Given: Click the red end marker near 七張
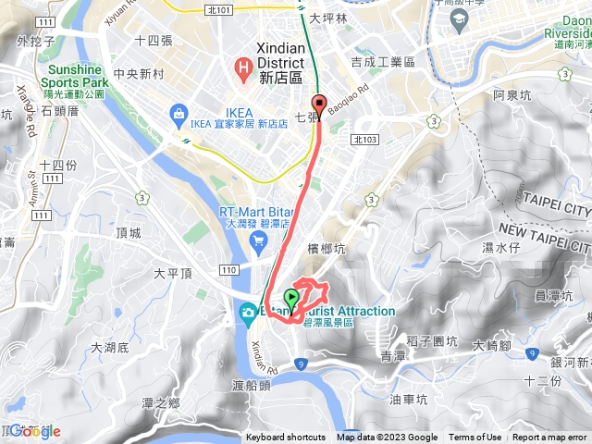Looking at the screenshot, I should tap(319, 104).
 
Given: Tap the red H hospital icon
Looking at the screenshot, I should tap(245, 66).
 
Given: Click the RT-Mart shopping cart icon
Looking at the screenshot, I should tap(258, 240).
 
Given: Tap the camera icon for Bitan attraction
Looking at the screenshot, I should tap(248, 313).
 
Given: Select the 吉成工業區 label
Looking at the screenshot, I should tap(383, 61).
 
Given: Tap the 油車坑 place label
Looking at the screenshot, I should tap(409, 401).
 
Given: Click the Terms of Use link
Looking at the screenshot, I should tap(475, 438).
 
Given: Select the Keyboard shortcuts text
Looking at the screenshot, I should tap(286, 438).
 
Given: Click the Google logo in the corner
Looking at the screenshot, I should tap(32, 431).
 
